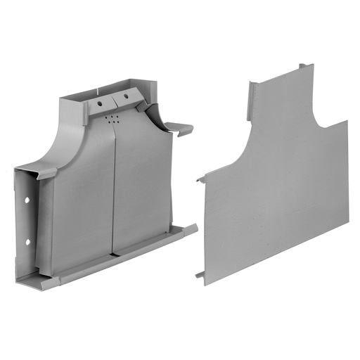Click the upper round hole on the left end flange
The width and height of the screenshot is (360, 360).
tap(27, 201)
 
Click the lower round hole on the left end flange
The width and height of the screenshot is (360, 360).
tap(28, 243)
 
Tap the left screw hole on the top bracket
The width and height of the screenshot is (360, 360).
tap(100, 104)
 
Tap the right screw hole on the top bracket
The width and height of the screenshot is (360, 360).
tap(127, 96)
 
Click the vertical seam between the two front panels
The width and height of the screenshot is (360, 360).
tap(114, 190)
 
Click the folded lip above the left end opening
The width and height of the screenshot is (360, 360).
tap(35, 172)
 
